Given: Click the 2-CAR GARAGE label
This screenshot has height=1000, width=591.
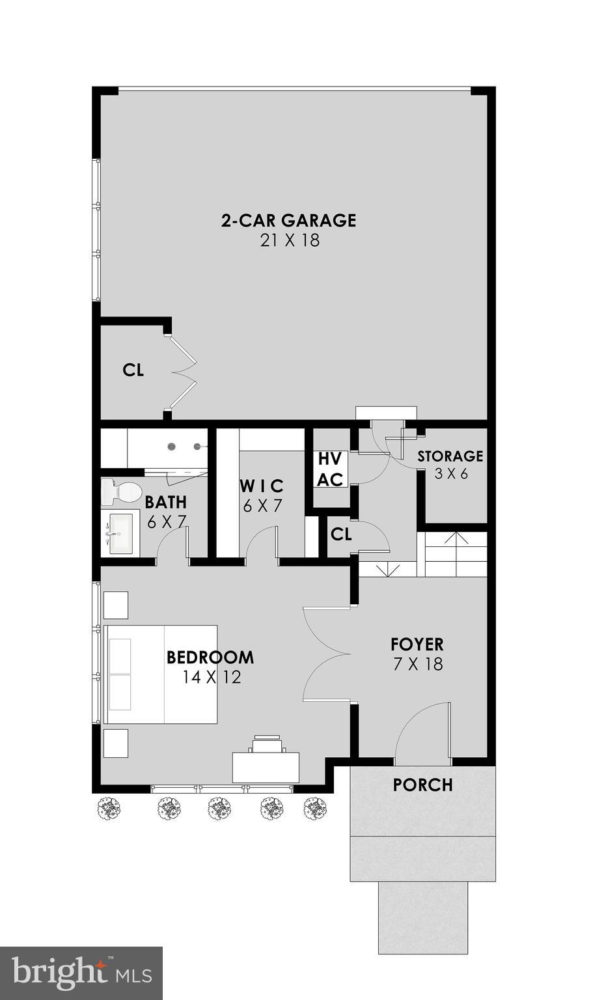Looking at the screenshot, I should (288, 220).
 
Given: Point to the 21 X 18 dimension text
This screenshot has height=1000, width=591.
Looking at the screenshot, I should (290, 240).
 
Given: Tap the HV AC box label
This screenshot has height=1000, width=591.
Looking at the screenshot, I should (330, 469).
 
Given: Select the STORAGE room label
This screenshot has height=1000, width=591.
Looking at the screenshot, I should (450, 456).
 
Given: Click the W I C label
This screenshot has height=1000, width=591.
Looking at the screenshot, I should (262, 486).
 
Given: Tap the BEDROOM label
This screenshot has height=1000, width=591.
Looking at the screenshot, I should (210, 658).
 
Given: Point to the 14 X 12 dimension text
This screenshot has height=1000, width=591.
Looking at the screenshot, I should (212, 678).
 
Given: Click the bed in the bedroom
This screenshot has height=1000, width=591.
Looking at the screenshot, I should (161, 674).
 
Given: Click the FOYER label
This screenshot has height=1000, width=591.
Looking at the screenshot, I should (417, 645).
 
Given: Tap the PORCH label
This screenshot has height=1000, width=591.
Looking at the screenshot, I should (422, 785).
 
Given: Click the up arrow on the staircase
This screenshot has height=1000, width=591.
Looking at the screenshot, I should (456, 538).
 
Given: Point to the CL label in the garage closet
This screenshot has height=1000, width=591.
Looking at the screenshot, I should (133, 370).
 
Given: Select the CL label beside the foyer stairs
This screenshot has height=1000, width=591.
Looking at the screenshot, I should (341, 535).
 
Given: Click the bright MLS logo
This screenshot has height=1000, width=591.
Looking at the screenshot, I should (81, 973).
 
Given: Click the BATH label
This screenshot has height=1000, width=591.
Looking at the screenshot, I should (165, 503).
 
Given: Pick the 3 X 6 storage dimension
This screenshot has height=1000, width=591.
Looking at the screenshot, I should (451, 474).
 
